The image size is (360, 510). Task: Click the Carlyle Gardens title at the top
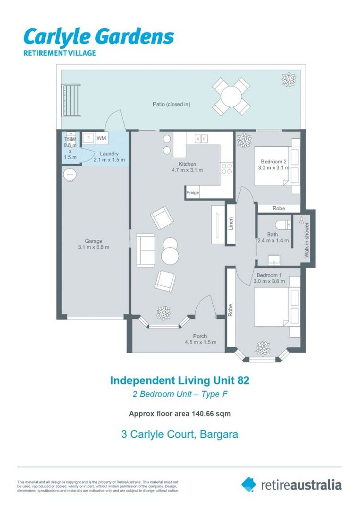pos(99,37)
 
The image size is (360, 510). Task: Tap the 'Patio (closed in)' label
pos(171,104)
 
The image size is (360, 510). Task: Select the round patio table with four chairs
pos(231,96)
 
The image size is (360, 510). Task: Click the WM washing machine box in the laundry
pos(101,138)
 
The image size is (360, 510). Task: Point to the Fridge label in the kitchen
pos(193,193)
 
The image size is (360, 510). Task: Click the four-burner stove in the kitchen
pos(227,169)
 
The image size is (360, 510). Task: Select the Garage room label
pos(93,241)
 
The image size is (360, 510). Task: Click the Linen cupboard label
pos(231,223)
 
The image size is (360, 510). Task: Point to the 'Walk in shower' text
pos(307,240)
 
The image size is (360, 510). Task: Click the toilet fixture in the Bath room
pos(283,224)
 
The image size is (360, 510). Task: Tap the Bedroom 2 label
pos(274,161)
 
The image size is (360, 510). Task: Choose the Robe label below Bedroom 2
pos(279,208)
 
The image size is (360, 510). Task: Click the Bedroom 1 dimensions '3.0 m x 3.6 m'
pos(269,281)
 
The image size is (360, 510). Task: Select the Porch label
pos(200,336)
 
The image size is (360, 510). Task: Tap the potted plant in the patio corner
pos(289,80)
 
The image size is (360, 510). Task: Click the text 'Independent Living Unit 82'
pos(180,380)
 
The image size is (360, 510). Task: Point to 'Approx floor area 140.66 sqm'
pos(180,414)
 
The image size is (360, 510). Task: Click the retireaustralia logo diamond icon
pos(249,484)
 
